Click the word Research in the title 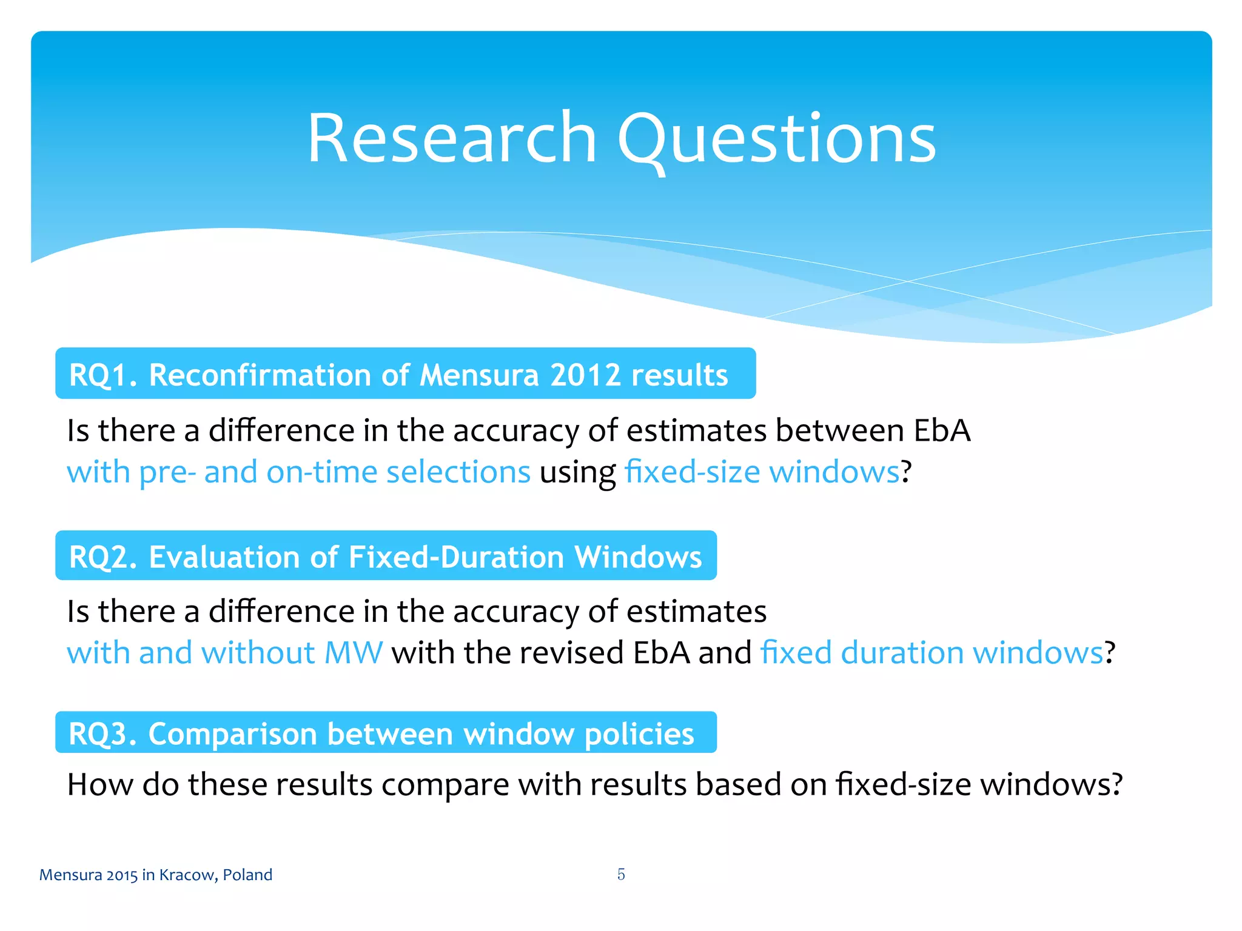[x=452, y=139]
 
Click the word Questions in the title [x=777, y=141]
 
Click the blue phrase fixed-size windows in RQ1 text [x=762, y=472]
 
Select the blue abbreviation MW [x=354, y=653]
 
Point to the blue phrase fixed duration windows [x=931, y=653]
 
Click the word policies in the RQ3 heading [x=639, y=734]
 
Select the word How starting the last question [x=100, y=784]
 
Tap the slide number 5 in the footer [x=621, y=874]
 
